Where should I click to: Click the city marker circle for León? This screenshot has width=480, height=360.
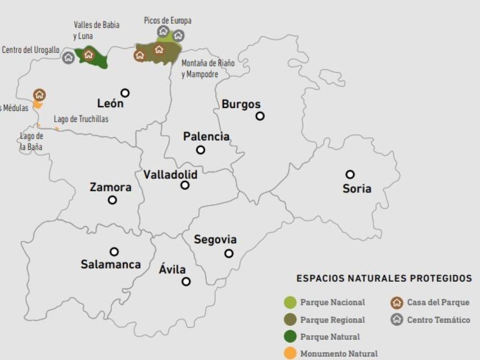click(125, 93)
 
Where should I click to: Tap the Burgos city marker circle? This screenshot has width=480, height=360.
click(260, 116)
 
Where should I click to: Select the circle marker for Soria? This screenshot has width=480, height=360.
click(350, 174)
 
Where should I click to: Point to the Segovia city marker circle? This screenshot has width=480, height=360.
click(229, 253)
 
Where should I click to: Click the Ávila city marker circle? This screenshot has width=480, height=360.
click(186, 281)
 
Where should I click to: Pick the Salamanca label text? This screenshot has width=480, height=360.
click(111, 264)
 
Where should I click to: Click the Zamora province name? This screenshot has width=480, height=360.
click(110, 187)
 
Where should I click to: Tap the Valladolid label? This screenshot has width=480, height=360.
click(170, 174)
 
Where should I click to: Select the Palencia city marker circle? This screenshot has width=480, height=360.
click(201, 150)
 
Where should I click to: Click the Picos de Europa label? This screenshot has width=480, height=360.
click(167, 21)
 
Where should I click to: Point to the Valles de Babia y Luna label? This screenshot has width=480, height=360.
click(96, 30)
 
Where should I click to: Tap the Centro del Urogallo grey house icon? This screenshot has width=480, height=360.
click(69, 57)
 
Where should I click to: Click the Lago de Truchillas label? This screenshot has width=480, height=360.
click(81, 119)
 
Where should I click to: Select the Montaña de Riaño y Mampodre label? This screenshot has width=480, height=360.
click(207, 69)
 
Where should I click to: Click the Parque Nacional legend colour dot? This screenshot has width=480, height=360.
click(290, 303)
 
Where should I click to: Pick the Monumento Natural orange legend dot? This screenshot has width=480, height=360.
click(290, 354)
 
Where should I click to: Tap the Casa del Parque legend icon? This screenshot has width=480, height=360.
click(397, 303)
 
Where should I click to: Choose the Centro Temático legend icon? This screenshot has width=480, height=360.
click(397, 319)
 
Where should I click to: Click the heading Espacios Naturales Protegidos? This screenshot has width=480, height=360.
click(384, 278)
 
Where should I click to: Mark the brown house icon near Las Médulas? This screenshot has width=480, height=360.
click(39, 94)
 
